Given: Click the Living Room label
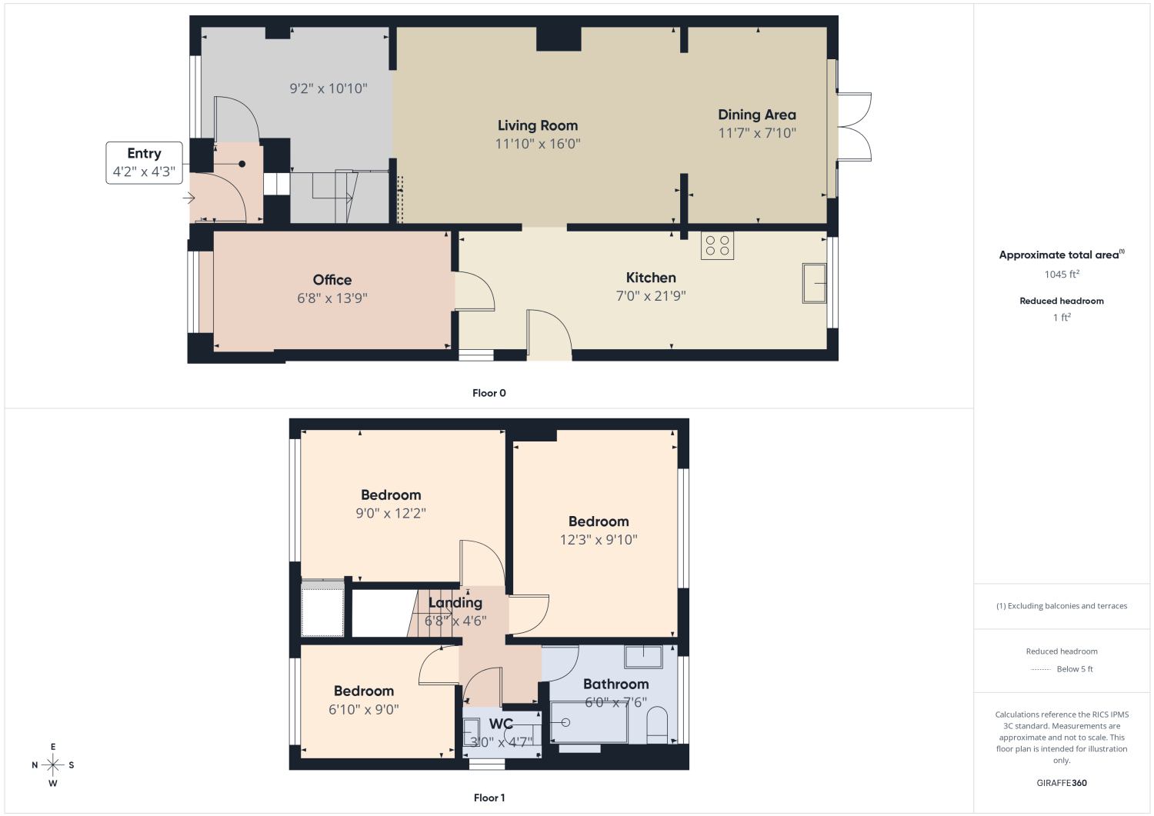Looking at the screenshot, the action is tap(537, 125).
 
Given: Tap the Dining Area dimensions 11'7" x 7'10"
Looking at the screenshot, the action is tap(757, 133).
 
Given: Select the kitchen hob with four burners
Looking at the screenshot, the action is tap(717, 245).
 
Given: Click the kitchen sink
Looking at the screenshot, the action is tap(814, 283).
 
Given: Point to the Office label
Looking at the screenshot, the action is tap(332, 280).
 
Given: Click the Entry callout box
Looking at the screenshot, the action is tap(145, 163).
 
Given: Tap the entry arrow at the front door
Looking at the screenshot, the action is tap(188, 198).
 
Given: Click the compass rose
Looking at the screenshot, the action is tap(52, 765).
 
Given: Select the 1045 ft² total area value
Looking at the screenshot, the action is tap(1061, 274).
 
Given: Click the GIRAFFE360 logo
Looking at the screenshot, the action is tap(1061, 783).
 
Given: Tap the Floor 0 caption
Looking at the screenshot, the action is tap(489, 393).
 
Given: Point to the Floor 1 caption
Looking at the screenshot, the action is tap(489, 798).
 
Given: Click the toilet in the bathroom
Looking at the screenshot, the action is tap(657, 724).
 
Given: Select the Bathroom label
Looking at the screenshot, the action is tap(615, 684).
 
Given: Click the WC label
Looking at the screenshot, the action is tap(501, 724).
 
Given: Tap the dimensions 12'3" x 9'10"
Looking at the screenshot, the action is tap(599, 539).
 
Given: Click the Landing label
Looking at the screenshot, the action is tap(455, 603).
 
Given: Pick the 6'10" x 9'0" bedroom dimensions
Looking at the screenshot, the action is tap(364, 709).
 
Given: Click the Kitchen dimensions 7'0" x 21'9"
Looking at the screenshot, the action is tap(651, 295).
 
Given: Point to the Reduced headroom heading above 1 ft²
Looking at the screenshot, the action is tap(1061, 301).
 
